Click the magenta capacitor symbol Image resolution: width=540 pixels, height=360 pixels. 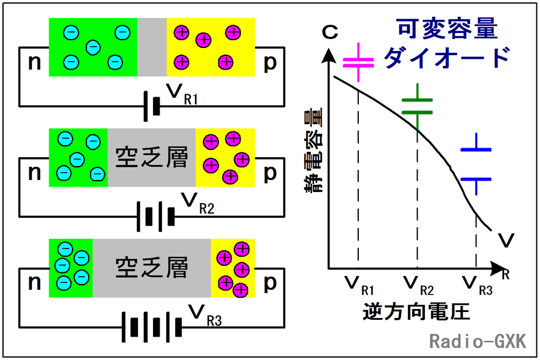coord(359,62)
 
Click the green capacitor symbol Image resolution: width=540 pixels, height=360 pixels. coord(418,106)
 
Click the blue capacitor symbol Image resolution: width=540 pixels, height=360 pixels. coord(476,164)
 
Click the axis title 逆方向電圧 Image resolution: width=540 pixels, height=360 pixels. coord(416,312)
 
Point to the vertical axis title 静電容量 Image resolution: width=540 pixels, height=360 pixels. coord(314,150)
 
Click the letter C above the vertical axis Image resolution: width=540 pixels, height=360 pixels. coord(330,32)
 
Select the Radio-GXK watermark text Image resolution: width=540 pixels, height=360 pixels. coord(478,341)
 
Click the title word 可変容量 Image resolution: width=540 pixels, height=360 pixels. coord(448,28)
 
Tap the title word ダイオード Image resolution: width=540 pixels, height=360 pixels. coord(446,58)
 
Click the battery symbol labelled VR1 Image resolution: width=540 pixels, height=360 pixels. coord(152,106)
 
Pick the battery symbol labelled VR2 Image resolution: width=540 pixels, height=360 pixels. coord(155,217)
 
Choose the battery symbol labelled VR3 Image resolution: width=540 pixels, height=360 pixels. coord(152,327)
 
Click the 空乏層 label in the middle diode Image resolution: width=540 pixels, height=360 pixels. coord(152,157)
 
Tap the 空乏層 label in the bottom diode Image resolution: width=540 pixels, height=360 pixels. coord(152,268)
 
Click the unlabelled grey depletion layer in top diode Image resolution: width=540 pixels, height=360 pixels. coord(152,47)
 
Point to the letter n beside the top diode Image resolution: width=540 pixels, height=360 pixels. coord(34,62)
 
